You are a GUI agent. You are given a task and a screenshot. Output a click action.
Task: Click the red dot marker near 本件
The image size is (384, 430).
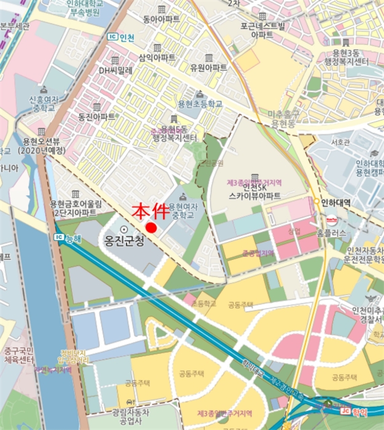click(151, 227)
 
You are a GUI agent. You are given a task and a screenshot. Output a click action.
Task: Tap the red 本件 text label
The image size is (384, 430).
click(152, 211)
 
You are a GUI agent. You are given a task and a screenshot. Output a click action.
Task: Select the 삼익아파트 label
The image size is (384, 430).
click(157, 57)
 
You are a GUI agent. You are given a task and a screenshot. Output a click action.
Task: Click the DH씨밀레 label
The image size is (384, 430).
click(117, 70)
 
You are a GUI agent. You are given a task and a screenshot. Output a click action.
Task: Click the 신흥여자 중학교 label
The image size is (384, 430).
click(42, 104)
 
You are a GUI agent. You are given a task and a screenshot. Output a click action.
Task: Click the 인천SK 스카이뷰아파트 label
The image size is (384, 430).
click(254, 191)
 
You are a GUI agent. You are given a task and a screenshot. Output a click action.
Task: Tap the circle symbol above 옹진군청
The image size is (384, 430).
click(124, 229)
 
